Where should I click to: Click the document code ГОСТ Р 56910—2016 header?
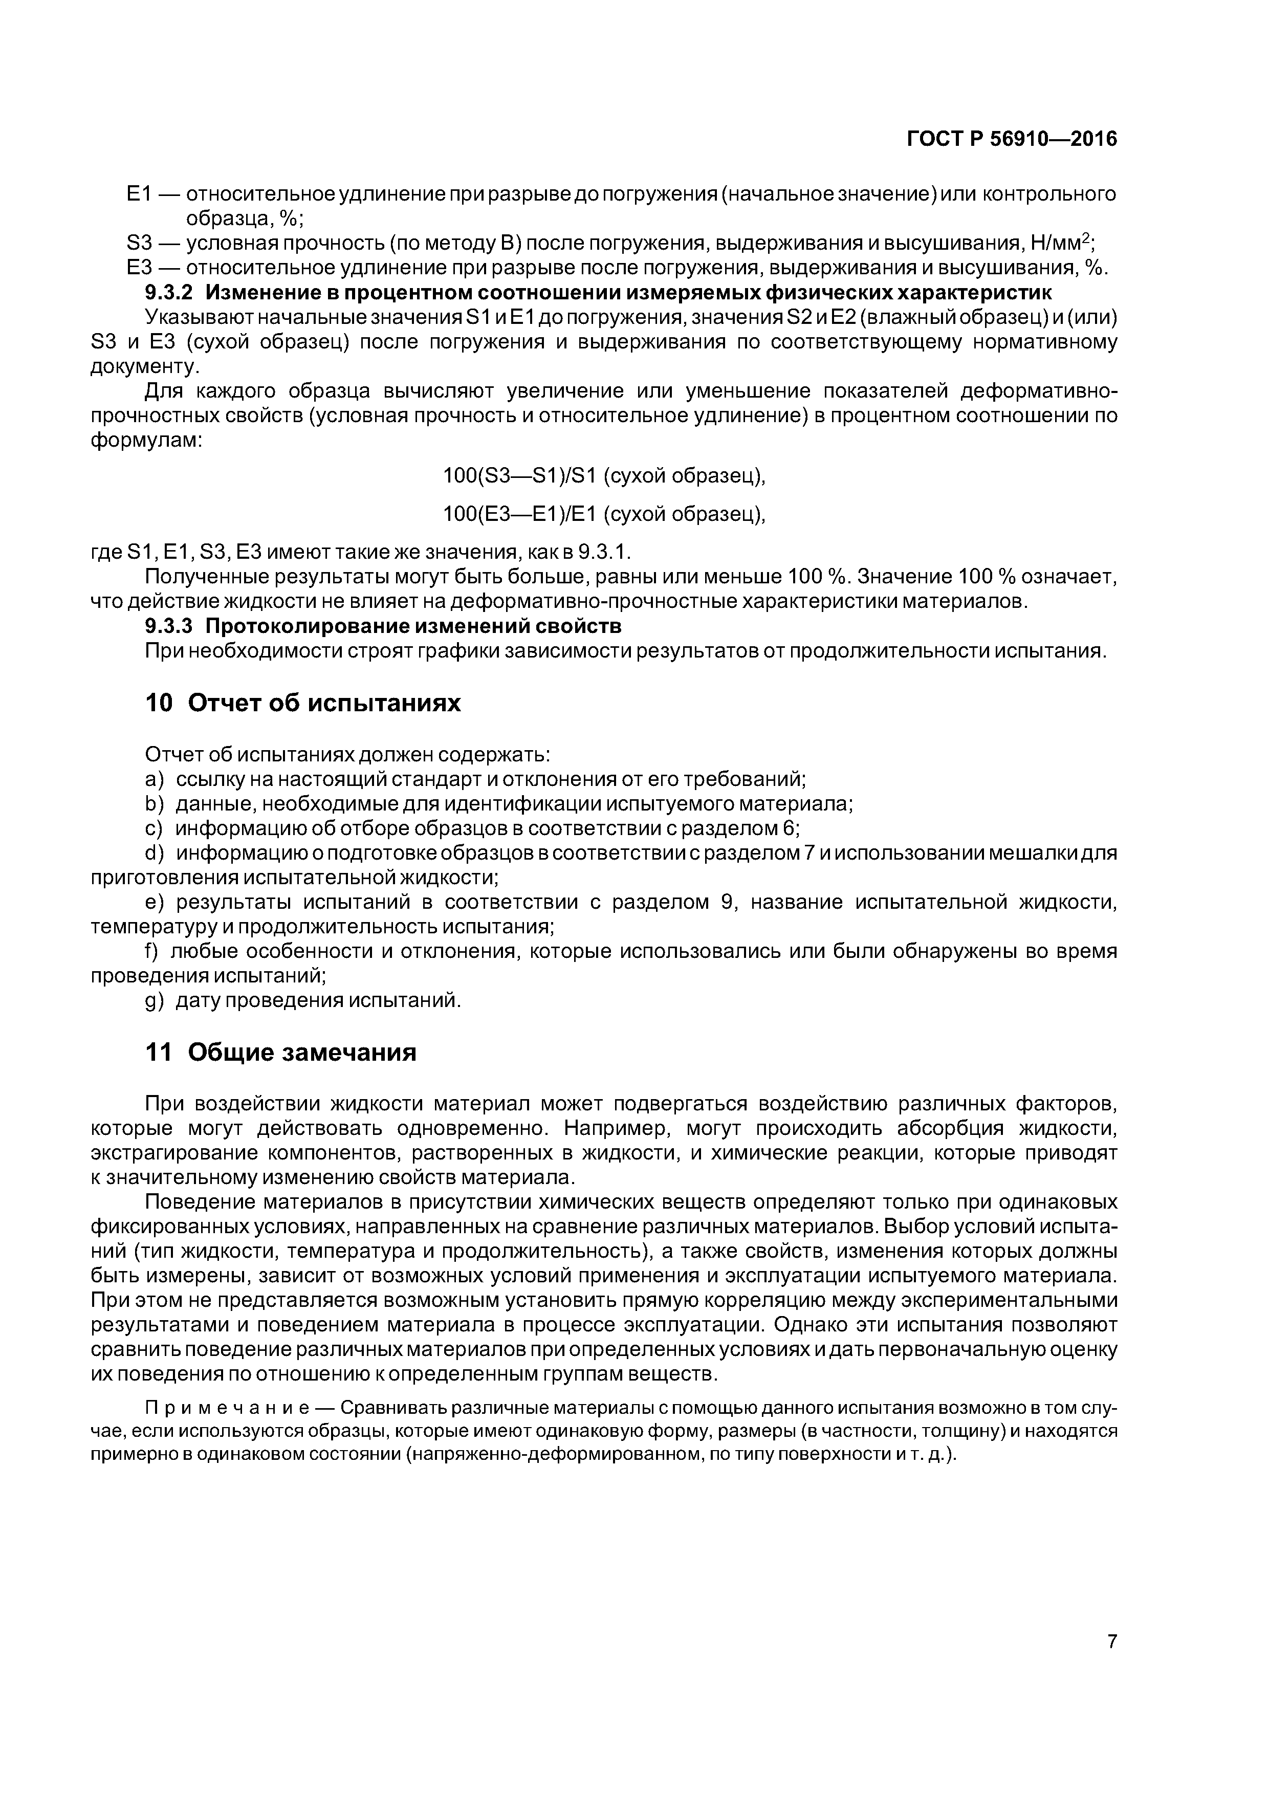coord(1012,139)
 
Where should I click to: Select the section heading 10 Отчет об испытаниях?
coord(303,703)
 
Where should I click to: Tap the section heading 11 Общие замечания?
coord(281,1053)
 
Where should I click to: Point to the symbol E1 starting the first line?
coord(138,193)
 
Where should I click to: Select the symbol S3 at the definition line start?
coord(138,244)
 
